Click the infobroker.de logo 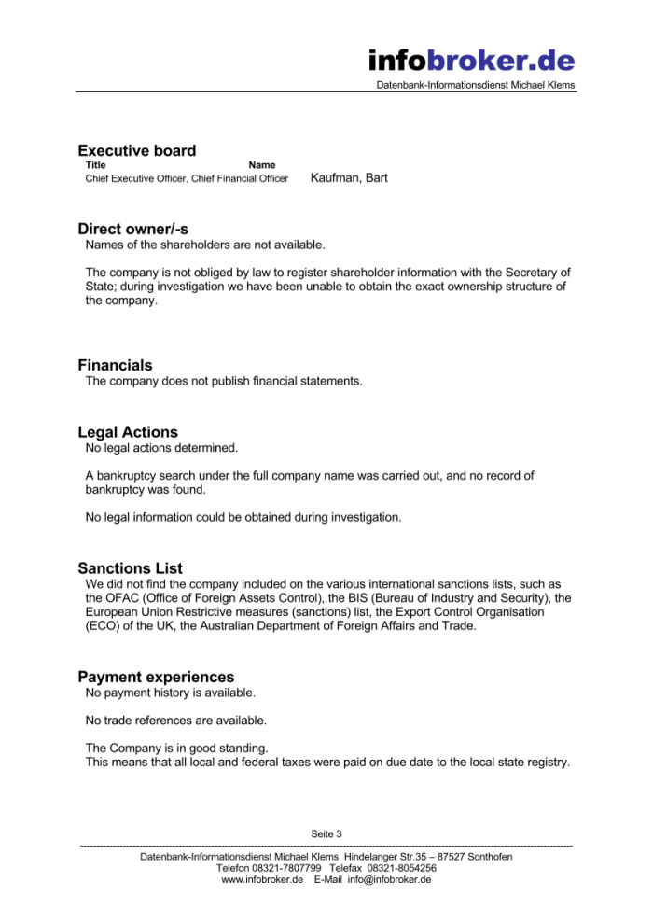(x=471, y=61)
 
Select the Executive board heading (x=137, y=151)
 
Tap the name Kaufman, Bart (x=349, y=177)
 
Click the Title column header (x=95, y=165)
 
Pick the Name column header (x=262, y=165)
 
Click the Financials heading (x=115, y=366)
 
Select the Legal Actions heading (x=128, y=433)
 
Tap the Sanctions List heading (x=131, y=568)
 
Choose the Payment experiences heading (x=156, y=678)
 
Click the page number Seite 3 (x=326, y=833)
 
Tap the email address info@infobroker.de (x=389, y=879)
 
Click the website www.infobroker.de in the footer (x=262, y=879)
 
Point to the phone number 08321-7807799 (x=286, y=868)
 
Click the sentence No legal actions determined (x=161, y=449)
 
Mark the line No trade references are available (x=175, y=721)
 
